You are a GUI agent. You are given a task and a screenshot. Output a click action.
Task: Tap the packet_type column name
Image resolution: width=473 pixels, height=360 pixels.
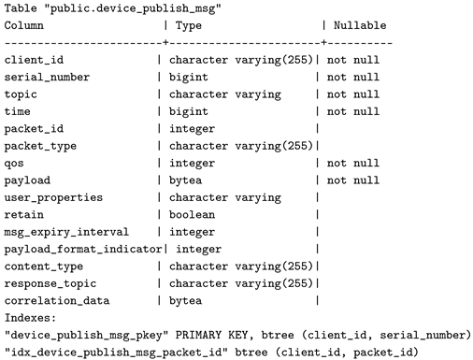click(41, 146)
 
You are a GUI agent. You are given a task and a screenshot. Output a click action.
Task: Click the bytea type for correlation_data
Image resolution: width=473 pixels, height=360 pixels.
click(188, 300)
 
